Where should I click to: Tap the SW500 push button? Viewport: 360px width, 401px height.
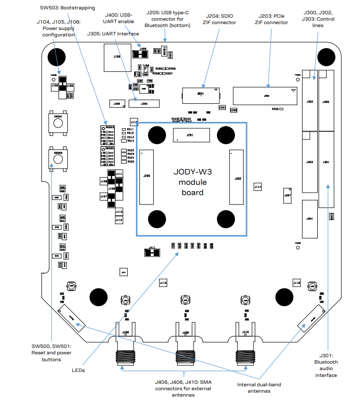coord(58,157)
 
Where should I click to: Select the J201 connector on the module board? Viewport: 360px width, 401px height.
coord(191,135)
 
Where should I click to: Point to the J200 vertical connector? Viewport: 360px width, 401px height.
coord(146,176)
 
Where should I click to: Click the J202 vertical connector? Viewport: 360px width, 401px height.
coord(237,177)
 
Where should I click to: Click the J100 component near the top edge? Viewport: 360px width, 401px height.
coord(116,57)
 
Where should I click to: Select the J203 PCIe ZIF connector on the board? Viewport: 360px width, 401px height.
coord(266,96)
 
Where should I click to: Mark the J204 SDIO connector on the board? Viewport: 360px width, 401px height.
coord(200,93)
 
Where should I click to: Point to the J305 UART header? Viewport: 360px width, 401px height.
coord(144,104)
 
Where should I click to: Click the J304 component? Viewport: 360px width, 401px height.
coord(309,218)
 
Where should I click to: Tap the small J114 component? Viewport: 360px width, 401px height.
coord(258,187)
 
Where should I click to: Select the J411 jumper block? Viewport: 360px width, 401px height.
coord(152,253)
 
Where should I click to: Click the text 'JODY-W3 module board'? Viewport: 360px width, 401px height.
coord(190,182)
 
